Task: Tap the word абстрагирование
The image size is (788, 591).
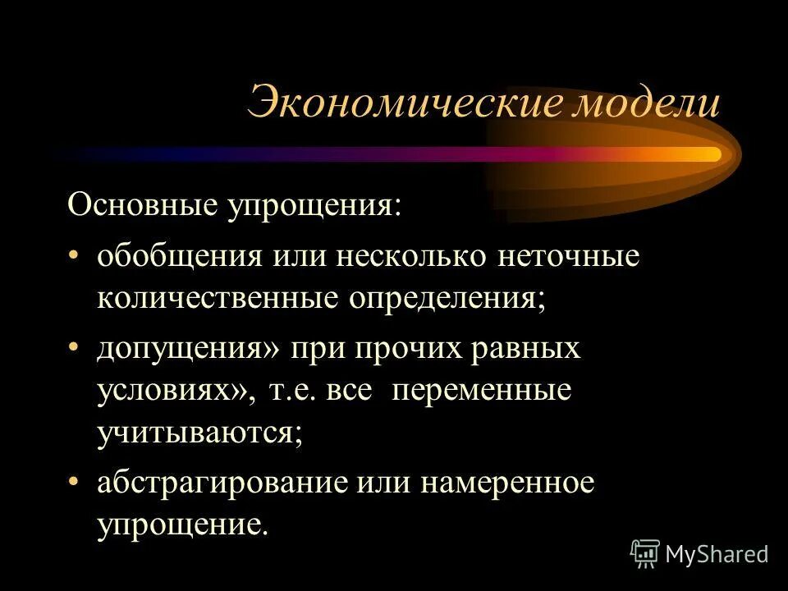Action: point(222,482)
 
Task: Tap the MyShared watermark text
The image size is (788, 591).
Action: point(717,554)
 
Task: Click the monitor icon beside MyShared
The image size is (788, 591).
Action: point(645,553)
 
